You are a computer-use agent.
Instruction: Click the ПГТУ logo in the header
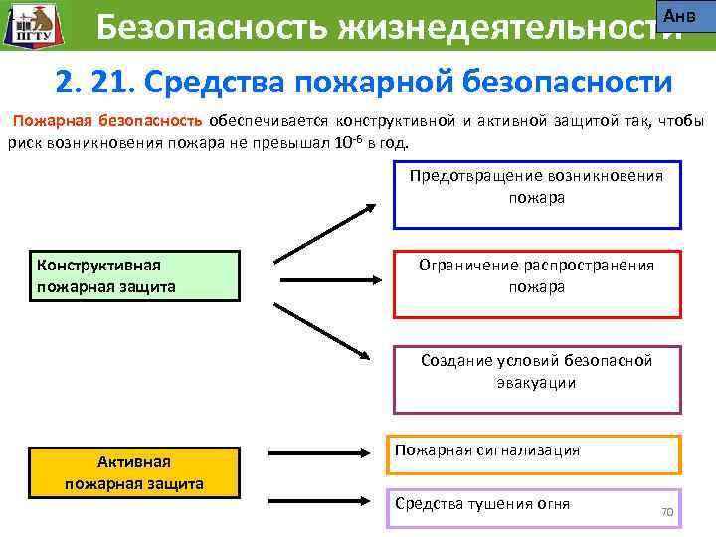click(x=30, y=25)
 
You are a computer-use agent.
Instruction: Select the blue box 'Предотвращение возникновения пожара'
click(x=537, y=195)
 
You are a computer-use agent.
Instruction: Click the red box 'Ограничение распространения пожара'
click(x=537, y=283)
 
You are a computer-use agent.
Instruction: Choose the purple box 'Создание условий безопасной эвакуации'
click(x=537, y=379)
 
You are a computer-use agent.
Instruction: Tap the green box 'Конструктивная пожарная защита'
click(x=135, y=275)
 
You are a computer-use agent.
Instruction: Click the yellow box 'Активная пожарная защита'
click(x=135, y=472)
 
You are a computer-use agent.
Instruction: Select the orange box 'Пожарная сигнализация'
click(x=533, y=455)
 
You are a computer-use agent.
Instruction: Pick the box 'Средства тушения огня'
click(x=533, y=508)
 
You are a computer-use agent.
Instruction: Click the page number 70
click(x=667, y=512)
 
